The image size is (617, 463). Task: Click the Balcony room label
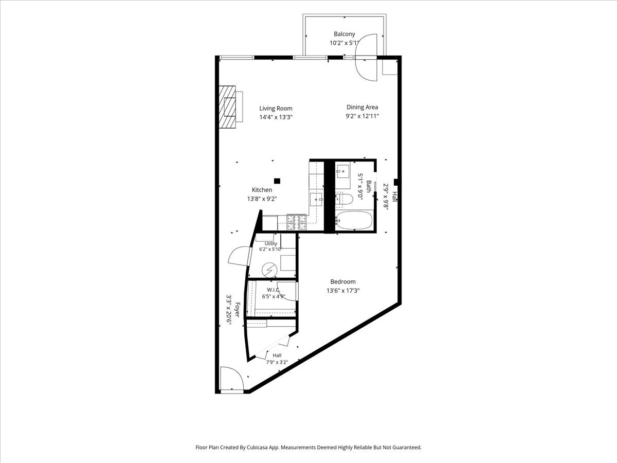point(344,34)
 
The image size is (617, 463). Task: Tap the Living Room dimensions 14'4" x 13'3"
point(276,117)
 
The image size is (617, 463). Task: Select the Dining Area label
point(362,107)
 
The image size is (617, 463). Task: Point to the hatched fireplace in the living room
point(227,107)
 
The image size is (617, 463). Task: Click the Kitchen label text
point(262,190)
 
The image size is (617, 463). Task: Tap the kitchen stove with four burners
point(296,223)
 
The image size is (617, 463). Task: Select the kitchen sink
point(317,200)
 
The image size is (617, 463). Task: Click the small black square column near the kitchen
point(277,181)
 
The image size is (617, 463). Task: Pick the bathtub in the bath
point(354,220)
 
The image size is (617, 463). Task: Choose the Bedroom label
point(343,282)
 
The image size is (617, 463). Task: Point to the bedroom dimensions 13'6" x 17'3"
point(343,291)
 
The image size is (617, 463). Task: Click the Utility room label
point(270,244)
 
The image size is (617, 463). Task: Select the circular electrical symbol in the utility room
point(269,270)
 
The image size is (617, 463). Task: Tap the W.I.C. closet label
point(273,290)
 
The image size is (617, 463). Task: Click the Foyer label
point(237,310)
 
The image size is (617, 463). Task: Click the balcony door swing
point(366,58)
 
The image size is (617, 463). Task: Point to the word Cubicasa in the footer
point(257,447)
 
